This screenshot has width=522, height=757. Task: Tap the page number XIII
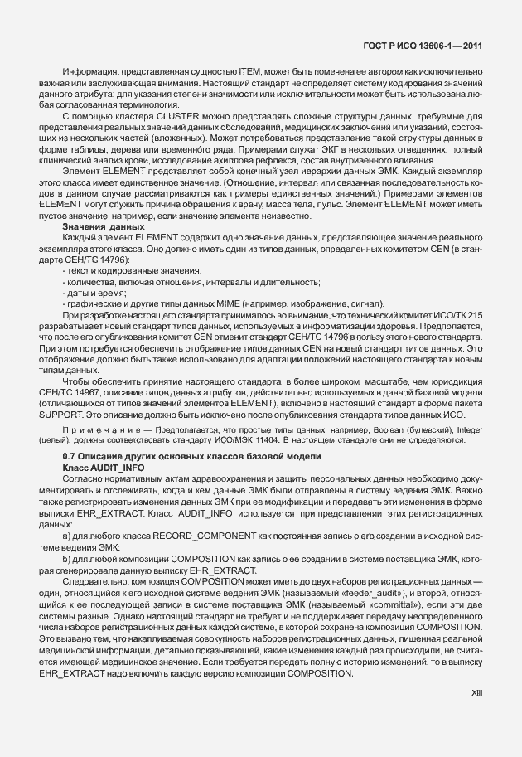click(x=475, y=713)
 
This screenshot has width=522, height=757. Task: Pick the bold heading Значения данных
click(x=92, y=226)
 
